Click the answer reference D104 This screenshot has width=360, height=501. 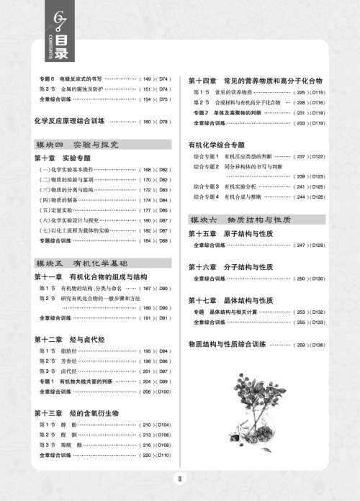pos(163,425)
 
